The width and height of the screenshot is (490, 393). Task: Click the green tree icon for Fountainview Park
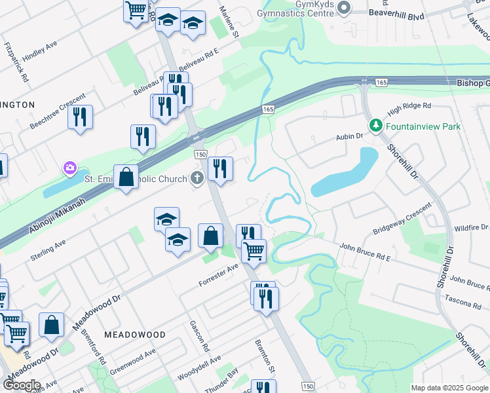coord(376,126)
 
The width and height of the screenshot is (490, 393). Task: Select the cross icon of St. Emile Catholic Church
coord(197,178)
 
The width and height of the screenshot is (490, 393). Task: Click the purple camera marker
coord(69,169)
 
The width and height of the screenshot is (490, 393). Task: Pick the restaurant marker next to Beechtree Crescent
coord(80,117)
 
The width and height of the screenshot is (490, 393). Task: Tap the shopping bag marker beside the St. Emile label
coord(126,177)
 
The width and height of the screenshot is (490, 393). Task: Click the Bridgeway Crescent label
coord(402,219)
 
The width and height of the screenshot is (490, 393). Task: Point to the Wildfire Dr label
coord(471,228)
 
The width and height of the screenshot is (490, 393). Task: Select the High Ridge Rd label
coord(409,105)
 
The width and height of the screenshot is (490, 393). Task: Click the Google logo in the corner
coord(21,385)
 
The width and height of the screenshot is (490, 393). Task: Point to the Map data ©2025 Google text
coord(449,388)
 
